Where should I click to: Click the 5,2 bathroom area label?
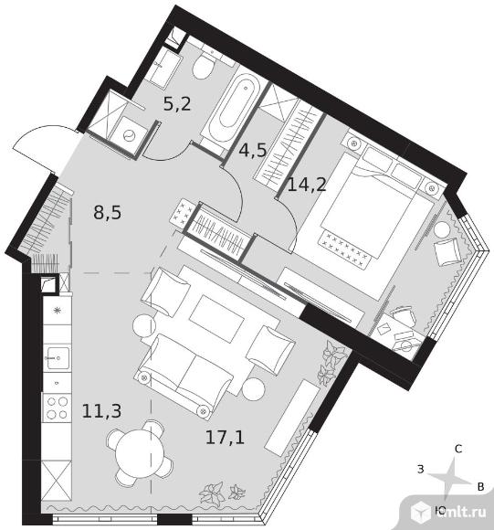click(177, 103)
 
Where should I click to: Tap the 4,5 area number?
click(253, 150)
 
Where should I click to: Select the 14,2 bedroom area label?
click(307, 185)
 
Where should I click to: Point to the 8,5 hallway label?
click(108, 213)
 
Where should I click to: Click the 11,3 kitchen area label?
click(101, 411)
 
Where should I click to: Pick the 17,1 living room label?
click(225, 438)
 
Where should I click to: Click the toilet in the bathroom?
click(205, 64)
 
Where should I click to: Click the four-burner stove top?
click(57, 408)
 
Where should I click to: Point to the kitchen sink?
click(58, 357)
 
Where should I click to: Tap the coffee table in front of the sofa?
click(216, 319)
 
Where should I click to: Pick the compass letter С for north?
click(458, 449)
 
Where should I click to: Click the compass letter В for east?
click(481, 487)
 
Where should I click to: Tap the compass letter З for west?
click(420, 469)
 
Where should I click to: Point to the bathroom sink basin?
click(164, 69)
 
